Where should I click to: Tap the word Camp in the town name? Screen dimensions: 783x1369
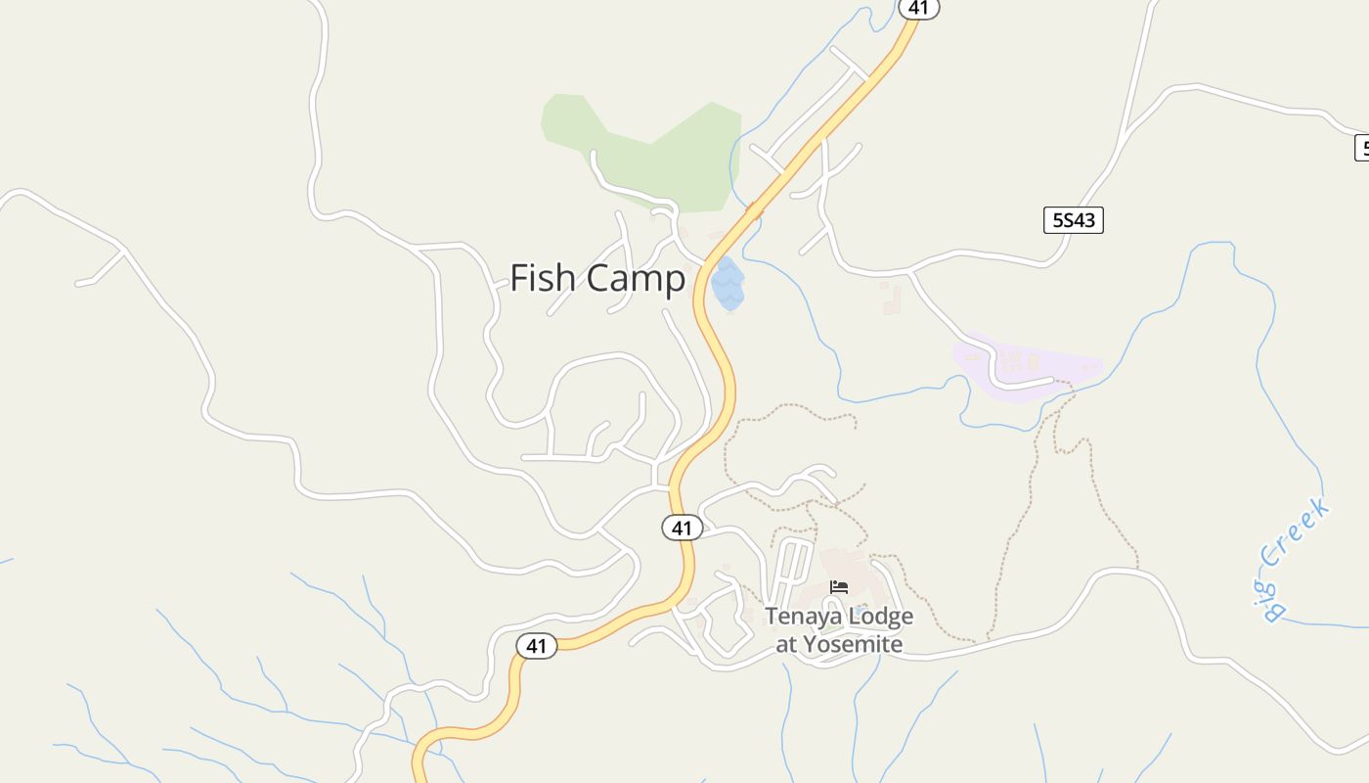click(638, 280)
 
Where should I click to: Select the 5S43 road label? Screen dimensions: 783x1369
click(1073, 220)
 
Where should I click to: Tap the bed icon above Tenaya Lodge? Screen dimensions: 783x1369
click(839, 587)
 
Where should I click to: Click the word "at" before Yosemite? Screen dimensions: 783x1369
click(786, 644)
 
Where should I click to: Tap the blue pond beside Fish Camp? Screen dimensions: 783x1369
click(728, 284)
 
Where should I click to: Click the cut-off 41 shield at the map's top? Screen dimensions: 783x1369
click(917, 8)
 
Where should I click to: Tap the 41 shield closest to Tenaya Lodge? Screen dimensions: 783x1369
click(682, 529)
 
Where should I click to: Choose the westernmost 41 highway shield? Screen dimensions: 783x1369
click(536, 646)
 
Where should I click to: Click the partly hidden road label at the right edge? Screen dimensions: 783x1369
click(1362, 149)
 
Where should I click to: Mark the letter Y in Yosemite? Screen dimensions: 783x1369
click(810, 644)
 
